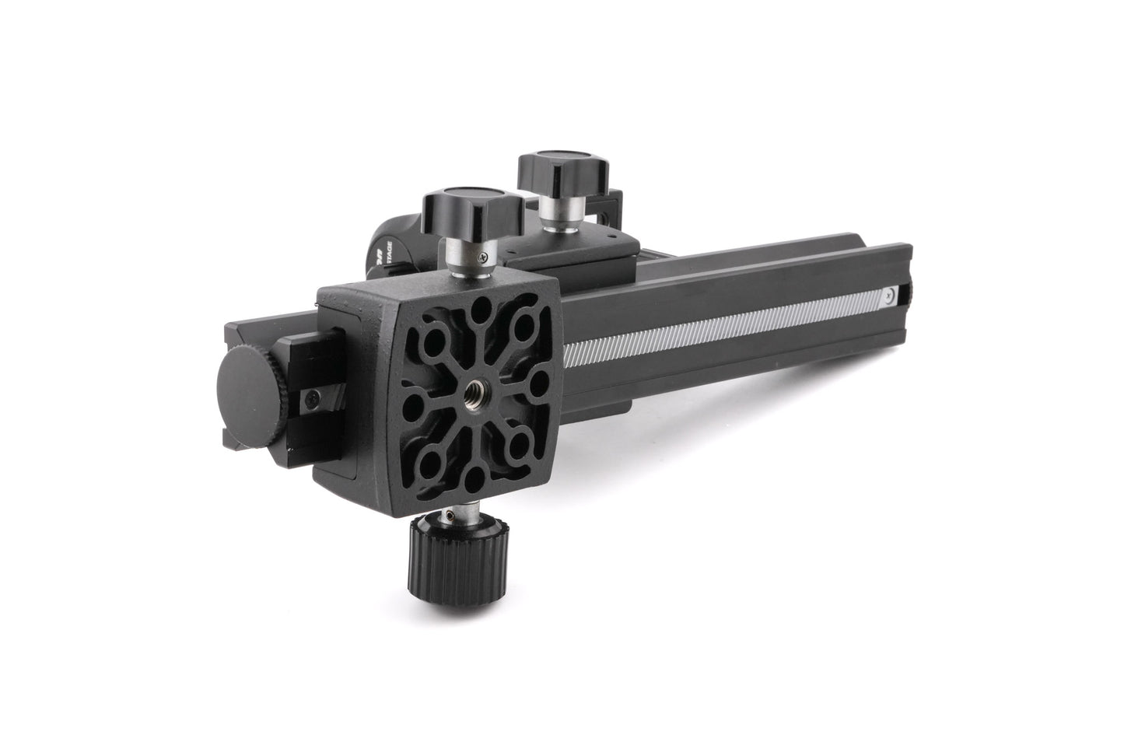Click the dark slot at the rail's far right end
(x=903, y=294)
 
